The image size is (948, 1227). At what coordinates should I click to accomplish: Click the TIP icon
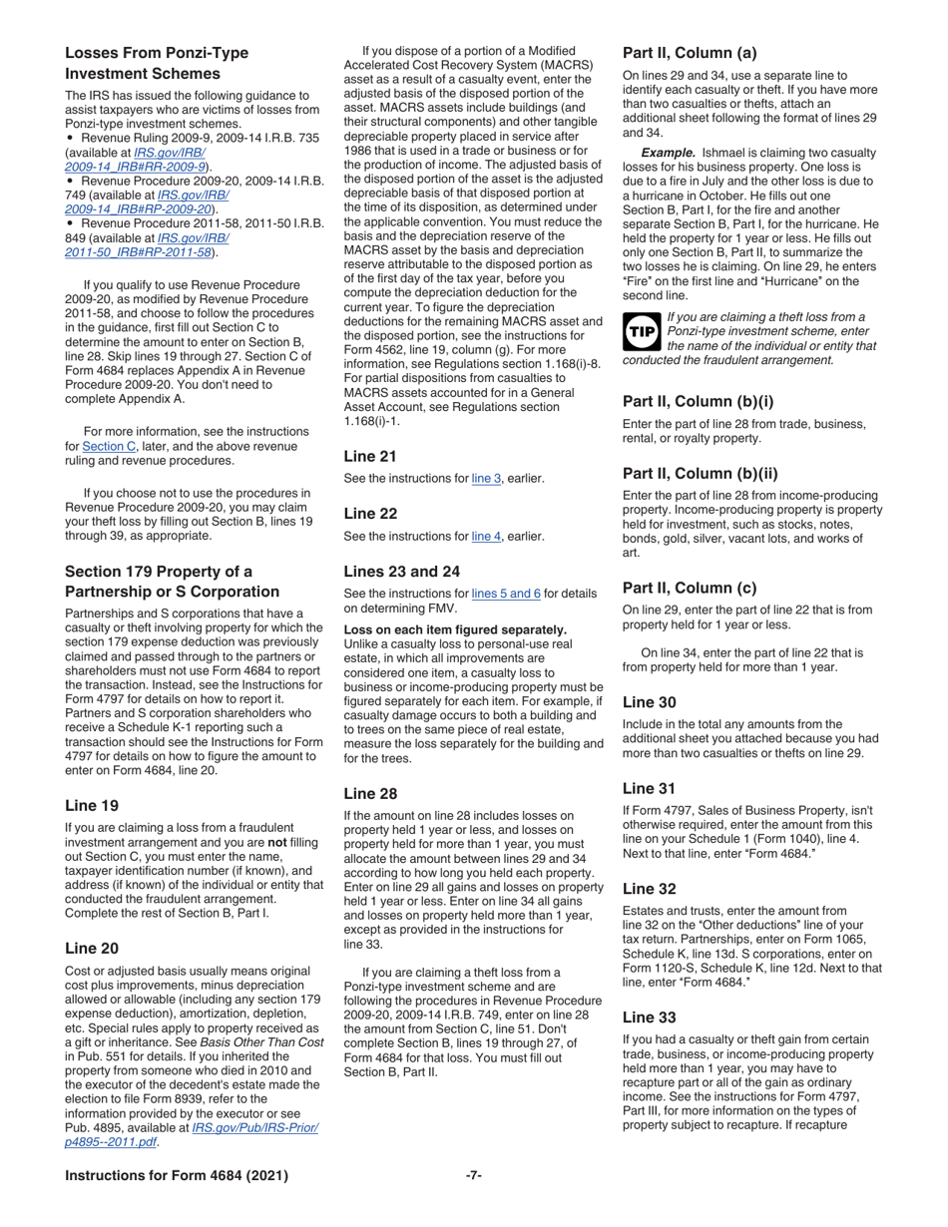click(640, 331)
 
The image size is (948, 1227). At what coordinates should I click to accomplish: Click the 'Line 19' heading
click(94, 805)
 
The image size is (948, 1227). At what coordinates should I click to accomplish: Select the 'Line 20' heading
click(94, 948)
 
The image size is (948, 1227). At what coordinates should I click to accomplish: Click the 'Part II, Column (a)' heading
click(690, 53)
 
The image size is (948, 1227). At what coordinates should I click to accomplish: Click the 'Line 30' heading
click(649, 702)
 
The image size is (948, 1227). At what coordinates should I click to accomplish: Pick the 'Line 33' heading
click(649, 1017)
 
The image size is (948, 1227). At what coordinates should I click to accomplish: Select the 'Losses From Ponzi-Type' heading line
click(157, 53)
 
